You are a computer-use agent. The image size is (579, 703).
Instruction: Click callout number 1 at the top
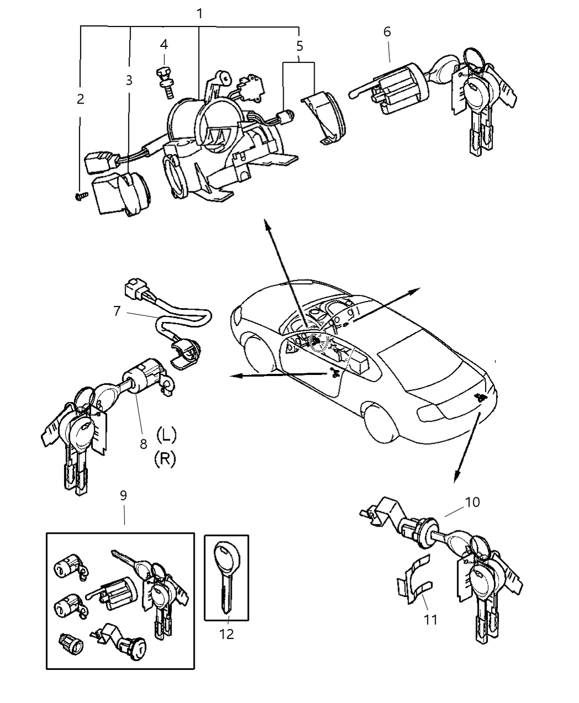tap(199, 13)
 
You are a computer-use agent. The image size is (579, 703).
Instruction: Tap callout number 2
tap(81, 99)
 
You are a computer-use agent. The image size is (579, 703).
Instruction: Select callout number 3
tap(129, 81)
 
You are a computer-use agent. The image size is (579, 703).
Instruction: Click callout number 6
tap(387, 31)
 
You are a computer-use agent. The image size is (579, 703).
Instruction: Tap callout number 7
tap(116, 311)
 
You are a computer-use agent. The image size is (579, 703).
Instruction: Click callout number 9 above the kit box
tap(124, 495)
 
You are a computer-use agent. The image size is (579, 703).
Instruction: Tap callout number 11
tap(431, 620)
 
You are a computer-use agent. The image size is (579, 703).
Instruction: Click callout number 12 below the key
tap(226, 634)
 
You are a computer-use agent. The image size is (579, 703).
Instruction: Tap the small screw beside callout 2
tap(82, 195)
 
